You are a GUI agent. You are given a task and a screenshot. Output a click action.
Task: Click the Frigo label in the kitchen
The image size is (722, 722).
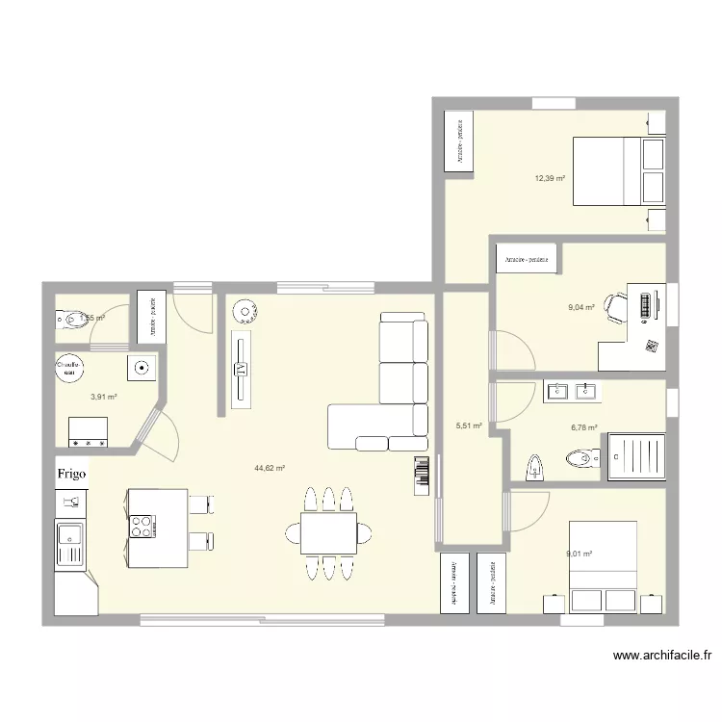pos(73,474)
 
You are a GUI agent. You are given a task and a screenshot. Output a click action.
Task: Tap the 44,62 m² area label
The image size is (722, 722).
pos(270,468)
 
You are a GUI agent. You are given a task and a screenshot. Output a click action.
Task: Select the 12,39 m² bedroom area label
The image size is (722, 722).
pos(550,178)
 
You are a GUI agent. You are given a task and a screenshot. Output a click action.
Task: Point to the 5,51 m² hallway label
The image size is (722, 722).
pos(468,425)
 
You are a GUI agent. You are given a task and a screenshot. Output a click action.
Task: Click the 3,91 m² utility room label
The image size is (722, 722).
pos(104,396)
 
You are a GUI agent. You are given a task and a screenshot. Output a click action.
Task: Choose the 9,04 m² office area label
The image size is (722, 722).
pos(581,308)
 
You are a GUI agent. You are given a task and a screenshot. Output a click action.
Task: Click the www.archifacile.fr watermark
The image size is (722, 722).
pos(662,656)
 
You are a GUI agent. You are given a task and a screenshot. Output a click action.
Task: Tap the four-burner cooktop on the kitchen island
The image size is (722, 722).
pos(142,526)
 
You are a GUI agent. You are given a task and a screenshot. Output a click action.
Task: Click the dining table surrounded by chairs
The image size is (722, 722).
pos(328,532)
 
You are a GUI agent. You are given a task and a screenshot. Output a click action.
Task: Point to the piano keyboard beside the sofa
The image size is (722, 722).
pos(420,477)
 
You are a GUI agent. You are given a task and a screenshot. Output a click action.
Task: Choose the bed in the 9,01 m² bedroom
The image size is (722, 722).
pos(603,565)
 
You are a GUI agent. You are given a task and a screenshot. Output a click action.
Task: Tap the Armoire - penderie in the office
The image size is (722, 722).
pos(528,259)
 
